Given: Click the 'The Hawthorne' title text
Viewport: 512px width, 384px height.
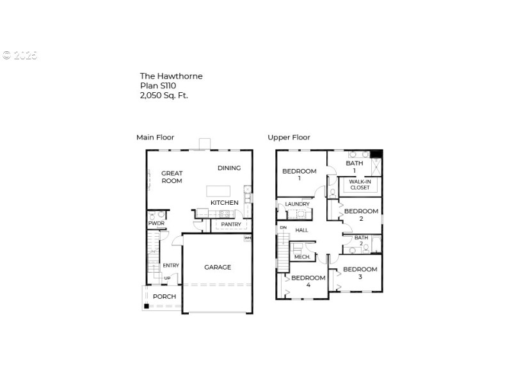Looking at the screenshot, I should [x=171, y=76].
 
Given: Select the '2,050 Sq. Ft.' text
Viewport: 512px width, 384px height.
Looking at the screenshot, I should [x=164, y=95].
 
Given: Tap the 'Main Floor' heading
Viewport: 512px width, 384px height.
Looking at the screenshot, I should [x=155, y=137].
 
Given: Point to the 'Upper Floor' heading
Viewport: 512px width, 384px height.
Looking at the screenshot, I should [x=289, y=137].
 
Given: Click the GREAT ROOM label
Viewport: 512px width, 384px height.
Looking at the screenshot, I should [x=172, y=177].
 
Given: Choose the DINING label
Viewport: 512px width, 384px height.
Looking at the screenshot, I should [x=228, y=168].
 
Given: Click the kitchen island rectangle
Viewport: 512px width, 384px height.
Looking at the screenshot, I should [x=218, y=191].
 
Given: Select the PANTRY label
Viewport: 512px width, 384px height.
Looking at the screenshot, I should [x=230, y=225].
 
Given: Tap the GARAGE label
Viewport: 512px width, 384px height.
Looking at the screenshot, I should [x=218, y=267].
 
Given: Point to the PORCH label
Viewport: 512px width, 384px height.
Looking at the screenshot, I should [x=164, y=296].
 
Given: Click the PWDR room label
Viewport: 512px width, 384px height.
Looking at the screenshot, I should [x=156, y=223].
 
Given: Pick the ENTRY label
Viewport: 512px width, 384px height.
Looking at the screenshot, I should [x=170, y=266].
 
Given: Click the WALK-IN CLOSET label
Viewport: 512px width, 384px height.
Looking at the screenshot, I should [x=359, y=184].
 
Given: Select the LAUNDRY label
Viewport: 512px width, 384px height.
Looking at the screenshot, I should [x=297, y=204].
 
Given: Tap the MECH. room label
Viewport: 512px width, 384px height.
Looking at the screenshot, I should [x=301, y=257].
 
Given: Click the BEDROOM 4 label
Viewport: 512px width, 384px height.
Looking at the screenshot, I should [x=308, y=281].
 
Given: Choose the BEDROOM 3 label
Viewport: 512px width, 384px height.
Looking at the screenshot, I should [x=360, y=273].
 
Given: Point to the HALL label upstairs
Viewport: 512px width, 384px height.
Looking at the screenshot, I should [x=301, y=230].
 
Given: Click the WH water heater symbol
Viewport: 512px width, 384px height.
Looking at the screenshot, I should [x=247, y=238].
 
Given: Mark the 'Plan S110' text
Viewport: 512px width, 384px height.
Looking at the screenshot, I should [x=158, y=85].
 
